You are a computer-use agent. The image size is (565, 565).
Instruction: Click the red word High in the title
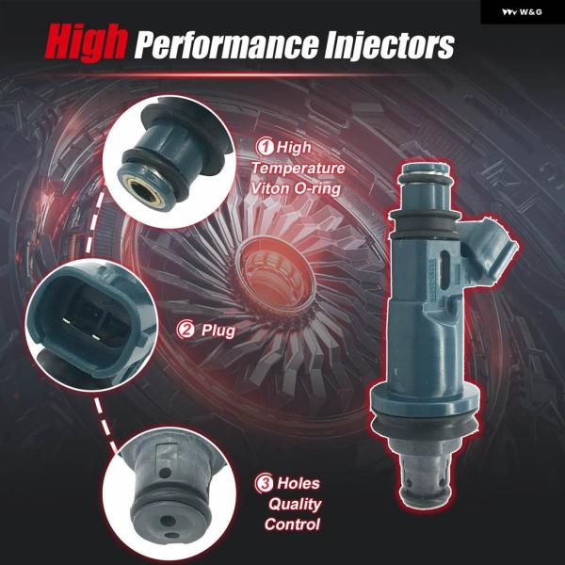pos(86,43)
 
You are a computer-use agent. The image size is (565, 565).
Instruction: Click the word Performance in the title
pos(226,46)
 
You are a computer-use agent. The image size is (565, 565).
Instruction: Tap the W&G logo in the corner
pos(522,12)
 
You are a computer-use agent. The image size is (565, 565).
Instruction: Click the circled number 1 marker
pos(265,147)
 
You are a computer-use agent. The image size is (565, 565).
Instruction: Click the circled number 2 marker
pos(186,330)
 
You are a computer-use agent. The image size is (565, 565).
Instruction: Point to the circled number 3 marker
pos(264,483)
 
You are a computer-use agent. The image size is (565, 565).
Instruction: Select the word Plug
pos(218,331)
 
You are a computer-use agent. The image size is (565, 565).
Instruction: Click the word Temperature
pos(298,169)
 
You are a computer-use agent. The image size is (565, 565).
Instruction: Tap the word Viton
pos(270,188)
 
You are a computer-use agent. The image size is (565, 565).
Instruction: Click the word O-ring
pos(317,189)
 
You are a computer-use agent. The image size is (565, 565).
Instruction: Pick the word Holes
pos(299,483)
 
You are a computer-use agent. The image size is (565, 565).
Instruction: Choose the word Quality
pos(295,504)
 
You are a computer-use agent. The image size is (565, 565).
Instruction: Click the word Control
pos(292,525)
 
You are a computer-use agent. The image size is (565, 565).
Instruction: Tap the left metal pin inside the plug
pos(66,320)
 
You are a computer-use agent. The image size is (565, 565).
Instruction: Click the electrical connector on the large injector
pos(490,248)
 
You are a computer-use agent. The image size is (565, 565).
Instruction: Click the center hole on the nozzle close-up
pos(168,521)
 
